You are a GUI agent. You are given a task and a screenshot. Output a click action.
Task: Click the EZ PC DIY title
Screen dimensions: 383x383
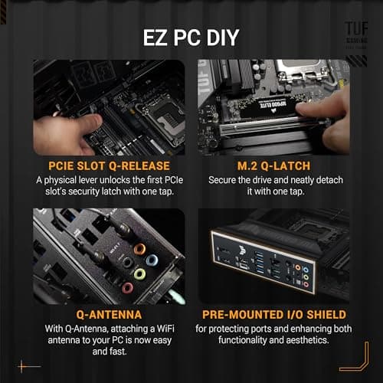coord(191,37)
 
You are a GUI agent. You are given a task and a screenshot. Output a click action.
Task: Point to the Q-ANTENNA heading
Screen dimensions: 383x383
coord(108,315)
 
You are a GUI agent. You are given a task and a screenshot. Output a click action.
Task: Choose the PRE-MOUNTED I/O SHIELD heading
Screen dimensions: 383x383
coord(273,315)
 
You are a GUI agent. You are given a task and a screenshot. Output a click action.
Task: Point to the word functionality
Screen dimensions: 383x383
coord(243,341)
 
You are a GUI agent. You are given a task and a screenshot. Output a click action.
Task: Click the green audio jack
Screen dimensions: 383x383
coord(140,273)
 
